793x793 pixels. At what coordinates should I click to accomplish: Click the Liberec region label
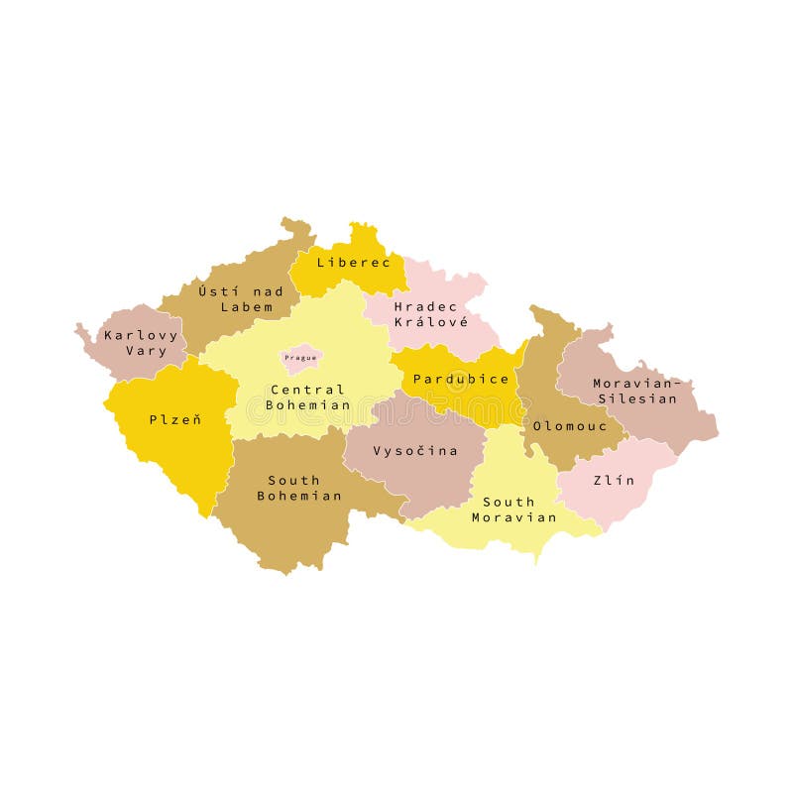[346, 263]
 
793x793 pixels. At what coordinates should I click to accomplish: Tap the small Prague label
[300, 357]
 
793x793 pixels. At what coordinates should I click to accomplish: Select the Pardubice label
[461, 379]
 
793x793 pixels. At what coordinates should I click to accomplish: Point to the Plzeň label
[175, 419]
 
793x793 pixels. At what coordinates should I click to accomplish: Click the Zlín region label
[614, 480]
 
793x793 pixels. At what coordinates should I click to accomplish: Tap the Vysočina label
[415, 451]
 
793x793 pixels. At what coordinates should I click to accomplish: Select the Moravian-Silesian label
[636, 391]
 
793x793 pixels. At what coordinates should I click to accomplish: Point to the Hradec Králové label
[429, 313]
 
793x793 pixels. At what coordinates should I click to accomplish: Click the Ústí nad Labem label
[241, 298]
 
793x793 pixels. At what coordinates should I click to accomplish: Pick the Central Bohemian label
[307, 397]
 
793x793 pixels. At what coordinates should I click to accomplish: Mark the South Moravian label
[513, 510]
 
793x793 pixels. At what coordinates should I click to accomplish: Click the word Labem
[246, 306]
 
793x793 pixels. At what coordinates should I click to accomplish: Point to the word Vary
[147, 351]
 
